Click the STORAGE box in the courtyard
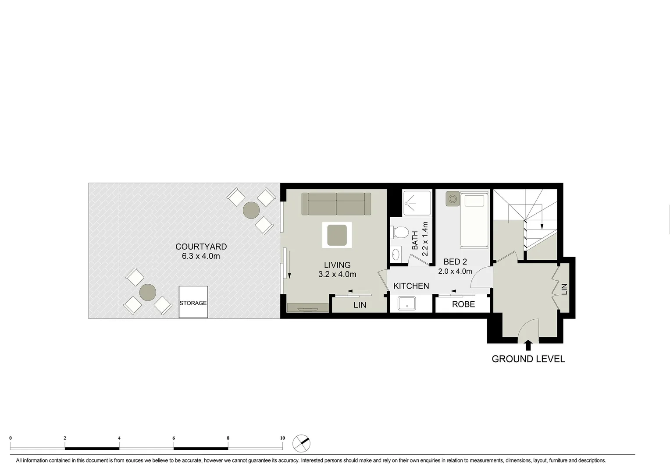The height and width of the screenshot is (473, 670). tap(193, 302)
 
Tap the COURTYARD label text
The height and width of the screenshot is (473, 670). tap(201, 247)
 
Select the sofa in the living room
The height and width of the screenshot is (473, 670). tap(336, 204)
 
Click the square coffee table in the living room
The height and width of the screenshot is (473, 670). tap(337, 235)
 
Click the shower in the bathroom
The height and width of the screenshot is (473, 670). tap(417, 203)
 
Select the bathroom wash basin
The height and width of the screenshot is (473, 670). tap(396, 254)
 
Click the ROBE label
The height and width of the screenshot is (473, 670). tap(463, 304)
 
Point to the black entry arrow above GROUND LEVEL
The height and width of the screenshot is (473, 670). tap(528, 345)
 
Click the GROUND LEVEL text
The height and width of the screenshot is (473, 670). tap(528, 359)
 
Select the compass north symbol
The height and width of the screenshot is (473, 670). tap(301, 443)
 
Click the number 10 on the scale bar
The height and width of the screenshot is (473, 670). tap(282, 438)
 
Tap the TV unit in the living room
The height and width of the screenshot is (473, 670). tap(308, 308)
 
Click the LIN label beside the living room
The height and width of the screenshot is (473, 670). tap(360, 305)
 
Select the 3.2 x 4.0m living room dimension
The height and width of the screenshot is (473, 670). tap(337, 275)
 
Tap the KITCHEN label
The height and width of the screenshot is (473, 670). tap(411, 286)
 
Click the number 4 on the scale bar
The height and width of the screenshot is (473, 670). tap(119, 438)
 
